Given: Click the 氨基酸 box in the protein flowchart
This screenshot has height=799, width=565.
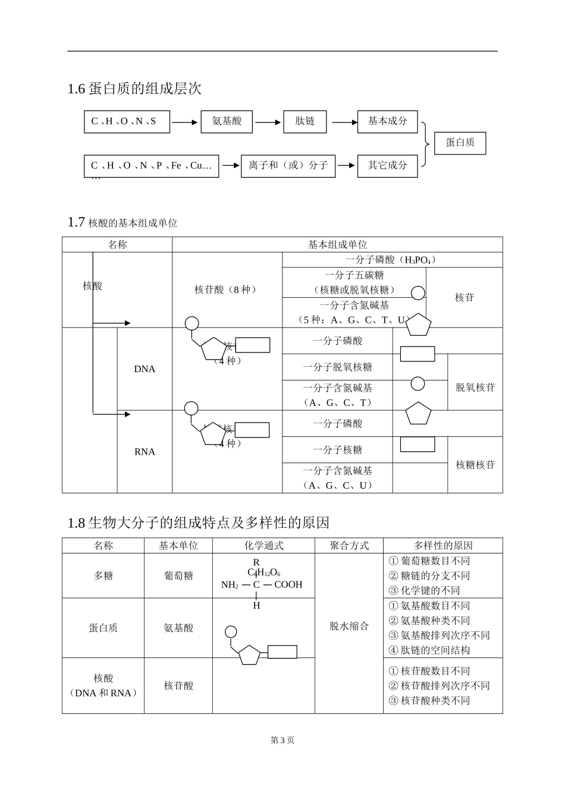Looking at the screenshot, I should pyautogui.click(x=227, y=121).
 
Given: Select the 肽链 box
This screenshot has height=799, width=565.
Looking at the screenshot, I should pyautogui.click(x=305, y=121).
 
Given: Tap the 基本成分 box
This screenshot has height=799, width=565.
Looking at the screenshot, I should pyautogui.click(x=387, y=121).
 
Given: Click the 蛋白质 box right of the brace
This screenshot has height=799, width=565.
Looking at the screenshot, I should pyautogui.click(x=460, y=143).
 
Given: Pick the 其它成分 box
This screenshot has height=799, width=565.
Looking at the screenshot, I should pyautogui.click(x=387, y=165).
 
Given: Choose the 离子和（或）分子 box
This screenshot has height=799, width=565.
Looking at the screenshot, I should pyautogui.click(x=288, y=165).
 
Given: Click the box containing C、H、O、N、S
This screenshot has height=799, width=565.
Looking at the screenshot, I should pyautogui.click(x=127, y=121).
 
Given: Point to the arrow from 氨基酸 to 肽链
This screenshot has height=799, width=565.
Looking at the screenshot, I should pyautogui.click(x=268, y=122).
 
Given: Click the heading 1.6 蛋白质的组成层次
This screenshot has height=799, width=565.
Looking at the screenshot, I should pyautogui.click(x=134, y=89).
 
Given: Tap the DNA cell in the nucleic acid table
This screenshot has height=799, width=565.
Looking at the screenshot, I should pyautogui.click(x=145, y=369).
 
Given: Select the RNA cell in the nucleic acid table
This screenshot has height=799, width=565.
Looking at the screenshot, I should pyautogui.click(x=145, y=452).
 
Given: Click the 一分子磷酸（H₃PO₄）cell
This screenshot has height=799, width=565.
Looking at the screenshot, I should pyautogui.click(x=391, y=260).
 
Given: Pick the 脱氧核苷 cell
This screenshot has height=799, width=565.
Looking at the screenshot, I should pyautogui.click(x=475, y=388).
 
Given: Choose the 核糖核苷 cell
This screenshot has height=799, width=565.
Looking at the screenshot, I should pyautogui.click(x=475, y=465).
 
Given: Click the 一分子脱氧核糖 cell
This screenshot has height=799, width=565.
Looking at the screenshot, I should pyautogui.click(x=337, y=367).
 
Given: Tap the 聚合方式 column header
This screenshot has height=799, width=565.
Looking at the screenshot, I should pyautogui.click(x=349, y=546).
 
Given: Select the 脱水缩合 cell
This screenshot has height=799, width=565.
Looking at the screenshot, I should pyautogui.click(x=349, y=626).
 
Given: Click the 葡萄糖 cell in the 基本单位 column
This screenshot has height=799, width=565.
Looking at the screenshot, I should pyautogui.click(x=178, y=575).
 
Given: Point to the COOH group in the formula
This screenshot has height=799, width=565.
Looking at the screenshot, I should pyautogui.click(x=288, y=585).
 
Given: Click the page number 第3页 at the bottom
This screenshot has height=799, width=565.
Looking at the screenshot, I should pyautogui.click(x=282, y=740).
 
